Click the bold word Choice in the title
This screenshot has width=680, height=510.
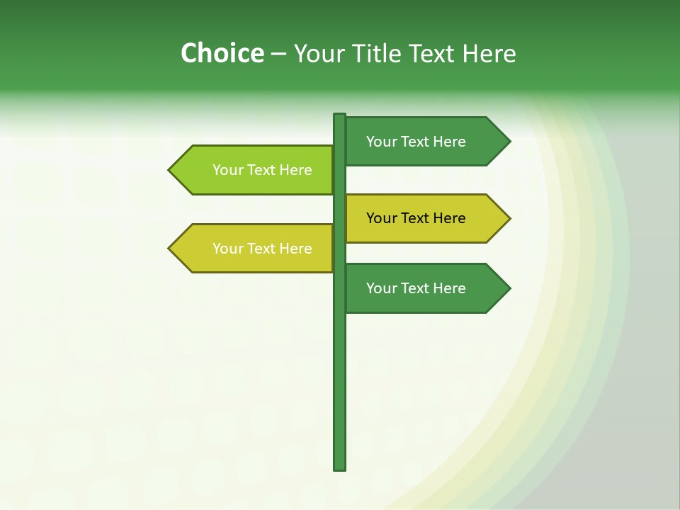point(222,53)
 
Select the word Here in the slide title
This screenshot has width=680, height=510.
point(489,53)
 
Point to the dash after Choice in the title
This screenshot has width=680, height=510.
point(278,54)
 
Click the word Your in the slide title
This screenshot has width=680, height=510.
point(319,53)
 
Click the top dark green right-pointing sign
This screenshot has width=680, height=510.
point(418,142)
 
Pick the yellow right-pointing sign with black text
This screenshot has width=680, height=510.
point(418,218)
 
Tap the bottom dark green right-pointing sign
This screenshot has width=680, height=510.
point(418,288)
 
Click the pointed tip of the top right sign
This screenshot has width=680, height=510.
point(509,142)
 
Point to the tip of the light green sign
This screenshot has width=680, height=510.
point(170,170)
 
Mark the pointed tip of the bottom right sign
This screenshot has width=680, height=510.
point(509,288)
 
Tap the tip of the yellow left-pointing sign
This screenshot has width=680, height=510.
point(170,249)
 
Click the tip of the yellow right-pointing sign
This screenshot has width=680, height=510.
point(509,218)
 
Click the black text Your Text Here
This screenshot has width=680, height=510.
point(416,218)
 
